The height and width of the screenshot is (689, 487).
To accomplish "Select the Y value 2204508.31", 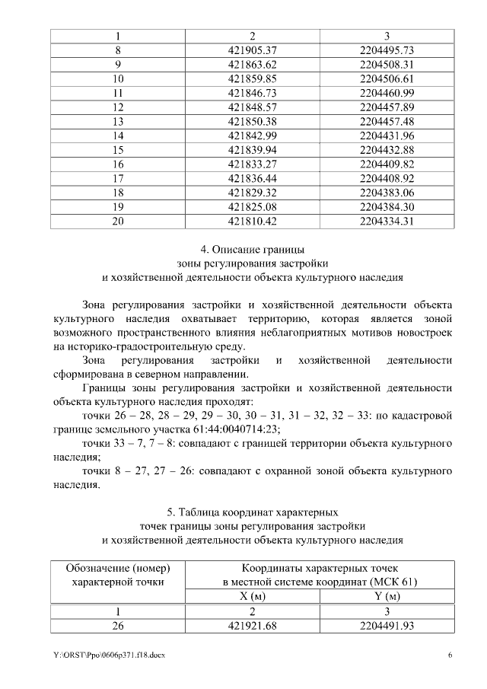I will [387, 64].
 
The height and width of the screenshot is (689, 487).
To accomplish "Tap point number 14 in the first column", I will [118, 136].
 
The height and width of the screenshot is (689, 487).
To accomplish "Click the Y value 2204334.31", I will [387, 221].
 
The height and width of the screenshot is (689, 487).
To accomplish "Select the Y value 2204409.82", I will [387, 164].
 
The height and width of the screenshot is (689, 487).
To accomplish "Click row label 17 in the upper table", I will [118, 178].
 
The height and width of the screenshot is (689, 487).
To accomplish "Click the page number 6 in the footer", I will [450, 656].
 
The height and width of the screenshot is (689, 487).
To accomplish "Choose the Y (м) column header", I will [387, 596].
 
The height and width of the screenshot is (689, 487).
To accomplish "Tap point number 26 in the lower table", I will [118, 625].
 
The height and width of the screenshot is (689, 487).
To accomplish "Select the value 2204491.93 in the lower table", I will [387, 625].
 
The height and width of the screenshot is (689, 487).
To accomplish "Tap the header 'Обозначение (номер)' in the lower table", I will [117, 569].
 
